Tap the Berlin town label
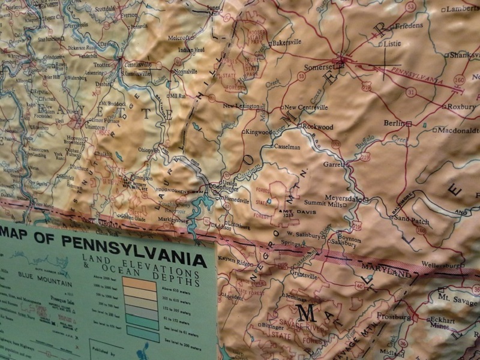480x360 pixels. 395,123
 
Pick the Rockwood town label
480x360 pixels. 318,127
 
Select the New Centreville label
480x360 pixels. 306,107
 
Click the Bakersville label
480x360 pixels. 286,43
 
